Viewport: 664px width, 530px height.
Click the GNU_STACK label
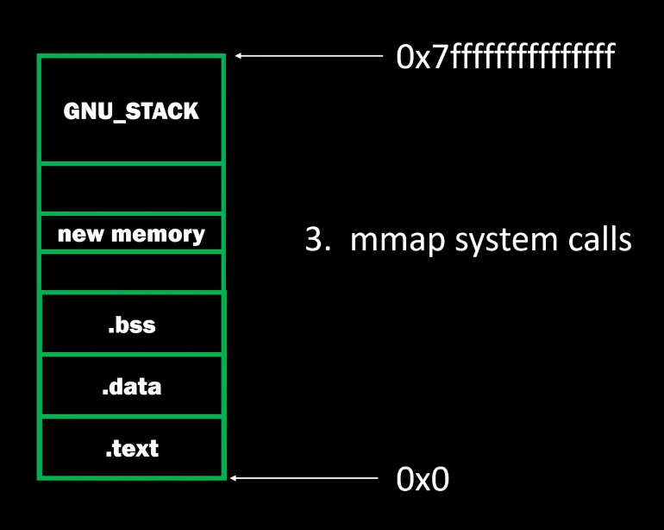(131, 110)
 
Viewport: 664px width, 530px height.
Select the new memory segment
(131, 233)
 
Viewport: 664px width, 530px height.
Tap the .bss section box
(131, 325)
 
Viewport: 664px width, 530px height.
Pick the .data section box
(131, 386)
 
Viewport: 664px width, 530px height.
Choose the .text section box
(131, 448)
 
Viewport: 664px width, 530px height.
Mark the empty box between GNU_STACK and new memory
(131, 187)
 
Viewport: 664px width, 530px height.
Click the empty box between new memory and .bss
(131, 272)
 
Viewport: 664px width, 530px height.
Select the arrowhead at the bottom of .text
(234, 476)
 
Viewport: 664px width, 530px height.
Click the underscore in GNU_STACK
(119, 117)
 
